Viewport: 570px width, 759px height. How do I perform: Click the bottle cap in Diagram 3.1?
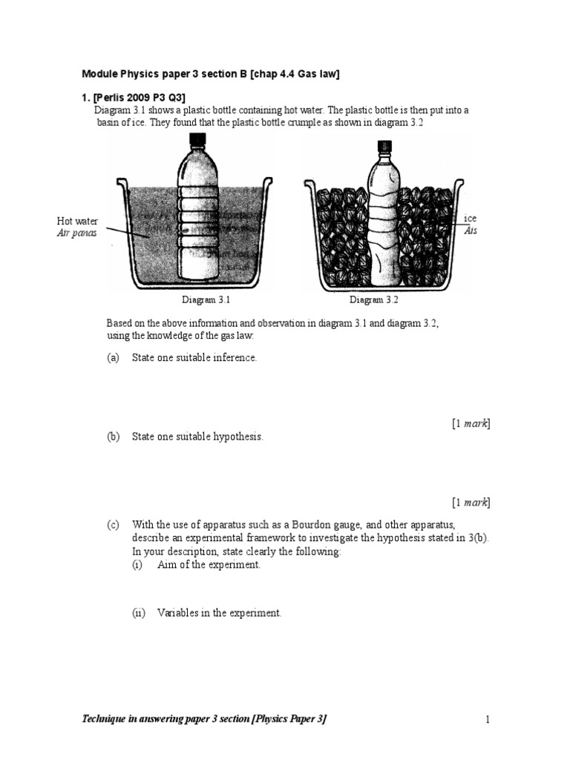(198, 140)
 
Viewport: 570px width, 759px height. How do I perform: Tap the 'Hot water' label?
(77, 221)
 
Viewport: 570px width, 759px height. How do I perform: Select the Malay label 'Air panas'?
(76, 233)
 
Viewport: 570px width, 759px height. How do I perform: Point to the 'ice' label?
(470, 218)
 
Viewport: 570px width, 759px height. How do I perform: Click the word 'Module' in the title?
(99, 73)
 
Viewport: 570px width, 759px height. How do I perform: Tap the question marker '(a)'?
(113, 357)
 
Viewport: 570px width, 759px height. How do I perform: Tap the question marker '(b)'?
(113, 437)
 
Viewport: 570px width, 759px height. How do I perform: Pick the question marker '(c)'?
(113, 525)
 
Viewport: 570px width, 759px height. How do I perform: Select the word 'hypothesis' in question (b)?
(237, 437)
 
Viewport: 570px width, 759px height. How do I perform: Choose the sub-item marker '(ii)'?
(140, 613)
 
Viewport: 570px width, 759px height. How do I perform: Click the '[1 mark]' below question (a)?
(471, 423)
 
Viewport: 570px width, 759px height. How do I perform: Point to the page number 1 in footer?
(488, 719)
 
